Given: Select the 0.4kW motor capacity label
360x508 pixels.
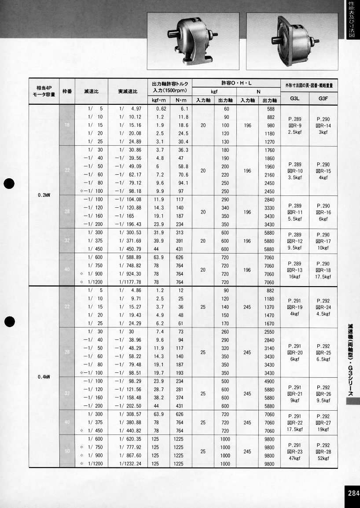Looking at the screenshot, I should point(44,377).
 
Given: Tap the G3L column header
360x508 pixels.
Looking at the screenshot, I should point(295,99).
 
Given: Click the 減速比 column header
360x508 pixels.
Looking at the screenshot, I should point(91,92).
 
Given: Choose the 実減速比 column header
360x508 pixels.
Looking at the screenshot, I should point(128,92).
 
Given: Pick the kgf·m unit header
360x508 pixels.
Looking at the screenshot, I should point(158,100).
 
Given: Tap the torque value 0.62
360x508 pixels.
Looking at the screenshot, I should point(160,109).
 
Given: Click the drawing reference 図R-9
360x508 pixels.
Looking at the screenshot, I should point(295,125).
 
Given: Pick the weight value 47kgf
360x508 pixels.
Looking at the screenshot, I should point(295,459).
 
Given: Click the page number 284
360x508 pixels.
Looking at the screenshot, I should point(353,493).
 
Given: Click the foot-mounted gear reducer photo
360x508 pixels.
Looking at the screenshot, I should point(193,40).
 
